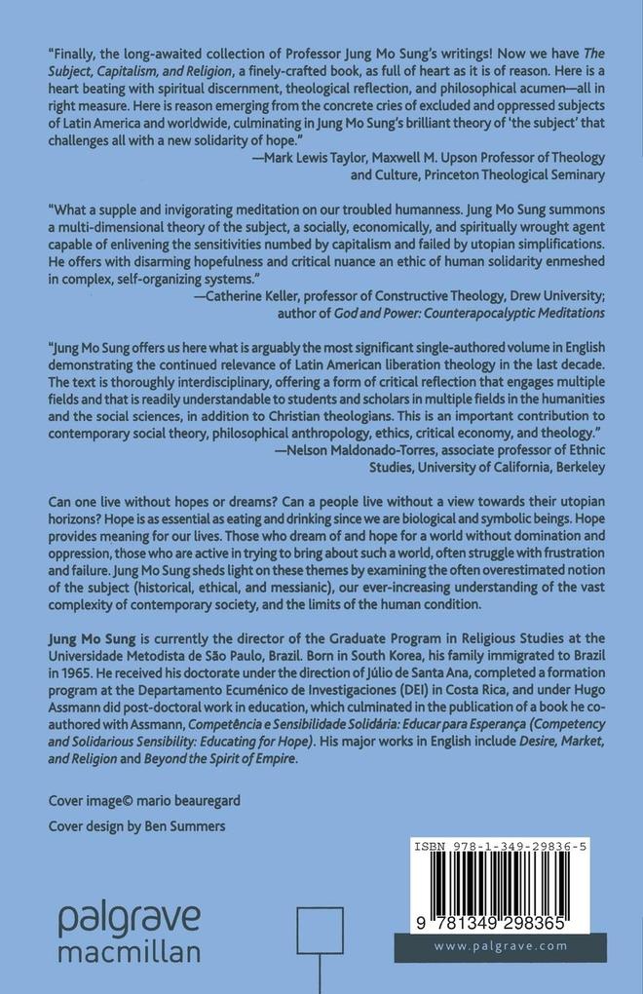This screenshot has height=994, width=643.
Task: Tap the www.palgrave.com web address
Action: (x=500, y=945)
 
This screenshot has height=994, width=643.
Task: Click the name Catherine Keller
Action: (x=251, y=295)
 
